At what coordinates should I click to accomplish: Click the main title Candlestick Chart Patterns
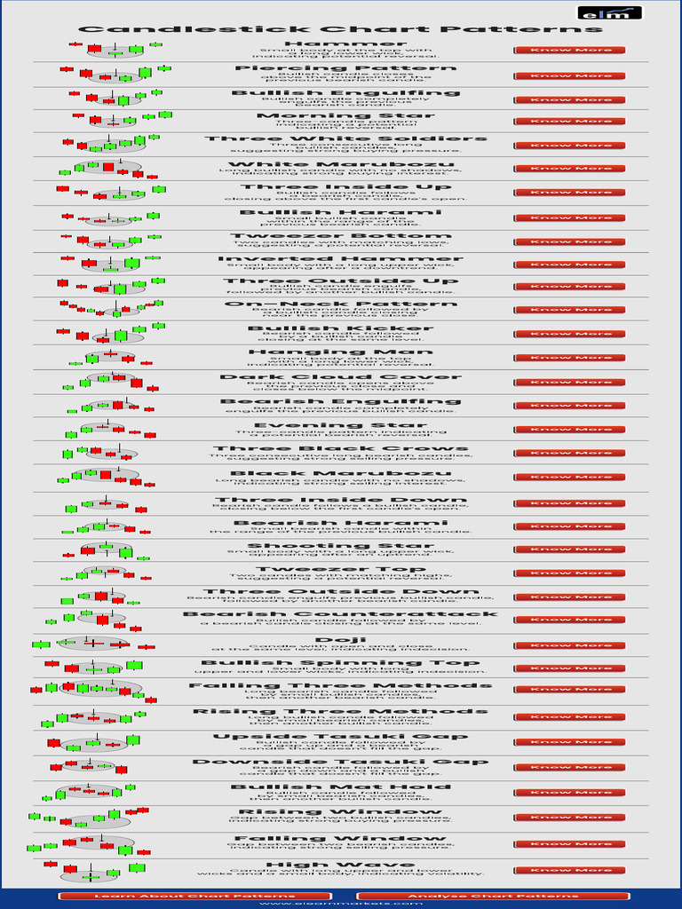[x=341, y=29]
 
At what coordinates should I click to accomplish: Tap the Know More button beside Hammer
[x=570, y=51]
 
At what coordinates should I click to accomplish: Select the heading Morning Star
[x=334, y=115]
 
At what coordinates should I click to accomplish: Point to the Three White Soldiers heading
[x=346, y=138]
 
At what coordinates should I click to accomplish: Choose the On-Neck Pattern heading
[x=341, y=304]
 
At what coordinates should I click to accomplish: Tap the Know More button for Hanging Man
[x=570, y=358]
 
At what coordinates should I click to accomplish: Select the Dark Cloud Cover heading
[x=341, y=377]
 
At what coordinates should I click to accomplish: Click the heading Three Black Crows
[x=341, y=448]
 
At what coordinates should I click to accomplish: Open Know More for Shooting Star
[x=570, y=549]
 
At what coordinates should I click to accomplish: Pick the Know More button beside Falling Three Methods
[x=570, y=689]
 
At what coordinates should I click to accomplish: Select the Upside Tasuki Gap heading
[x=341, y=737]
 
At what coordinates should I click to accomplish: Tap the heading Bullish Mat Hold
[x=341, y=786]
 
